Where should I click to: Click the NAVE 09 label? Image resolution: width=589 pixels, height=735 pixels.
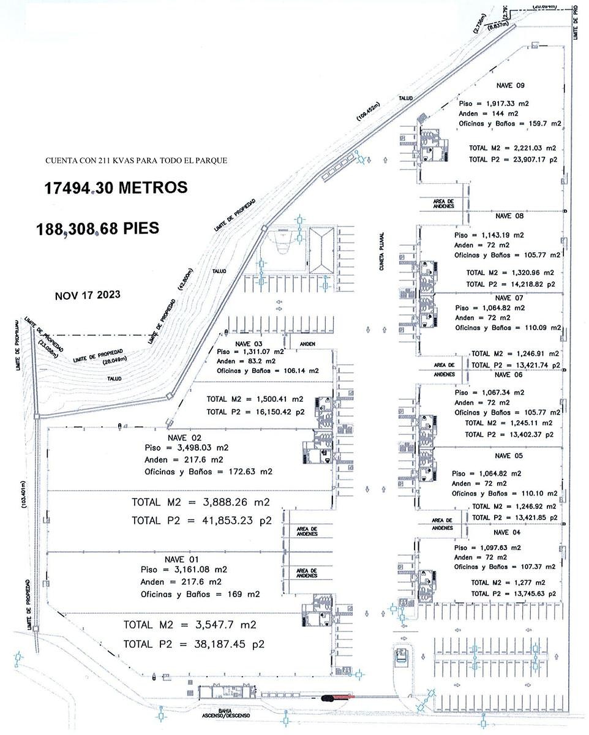pos(511,86)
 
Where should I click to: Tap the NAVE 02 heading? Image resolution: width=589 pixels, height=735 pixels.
pos(184,437)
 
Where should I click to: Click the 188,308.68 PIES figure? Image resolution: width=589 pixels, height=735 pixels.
pos(98,228)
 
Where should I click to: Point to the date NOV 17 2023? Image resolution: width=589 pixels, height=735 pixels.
pos(88,295)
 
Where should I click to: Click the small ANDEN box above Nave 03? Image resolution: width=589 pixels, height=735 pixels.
pos(307,344)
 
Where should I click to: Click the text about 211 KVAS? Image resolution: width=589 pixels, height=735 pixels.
pos(136,160)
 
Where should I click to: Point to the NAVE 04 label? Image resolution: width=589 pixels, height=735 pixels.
pos(507,532)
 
